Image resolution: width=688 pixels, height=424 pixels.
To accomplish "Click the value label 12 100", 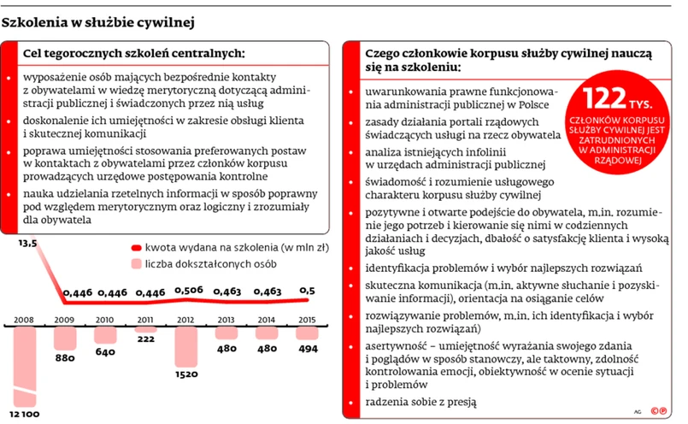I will tap(25, 414).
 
